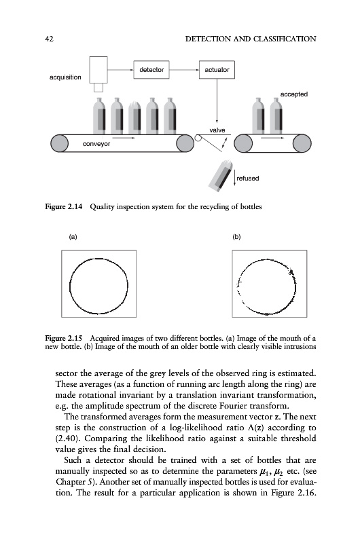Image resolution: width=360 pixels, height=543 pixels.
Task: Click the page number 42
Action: pos(49,39)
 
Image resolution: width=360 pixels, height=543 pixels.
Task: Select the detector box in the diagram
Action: pos(151,70)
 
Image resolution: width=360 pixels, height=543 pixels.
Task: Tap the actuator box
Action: pos(217,70)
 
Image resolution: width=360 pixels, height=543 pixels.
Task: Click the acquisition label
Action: pos(65,77)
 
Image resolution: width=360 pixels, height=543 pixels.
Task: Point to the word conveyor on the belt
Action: pos(96,144)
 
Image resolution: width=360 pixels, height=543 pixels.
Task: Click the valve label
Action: pos(217,130)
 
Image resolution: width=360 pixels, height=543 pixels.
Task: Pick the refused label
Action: pos(248,179)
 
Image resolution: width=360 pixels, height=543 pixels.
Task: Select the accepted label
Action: pos(294,94)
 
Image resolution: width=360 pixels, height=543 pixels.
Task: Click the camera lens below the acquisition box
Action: pos(98,88)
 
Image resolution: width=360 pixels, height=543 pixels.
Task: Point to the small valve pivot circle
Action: pos(198,138)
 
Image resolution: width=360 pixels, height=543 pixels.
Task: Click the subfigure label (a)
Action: pos(73,237)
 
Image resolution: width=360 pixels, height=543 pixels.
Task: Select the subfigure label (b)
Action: pos(236,237)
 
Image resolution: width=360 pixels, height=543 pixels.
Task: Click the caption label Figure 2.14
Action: pos(64,207)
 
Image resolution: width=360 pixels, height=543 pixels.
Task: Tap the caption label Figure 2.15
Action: pos(64,338)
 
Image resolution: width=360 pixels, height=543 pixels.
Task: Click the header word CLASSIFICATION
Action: pos(285,39)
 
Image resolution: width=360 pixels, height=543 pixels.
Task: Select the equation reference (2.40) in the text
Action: pos(66,438)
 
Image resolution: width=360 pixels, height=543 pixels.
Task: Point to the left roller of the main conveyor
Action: pos(59,143)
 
